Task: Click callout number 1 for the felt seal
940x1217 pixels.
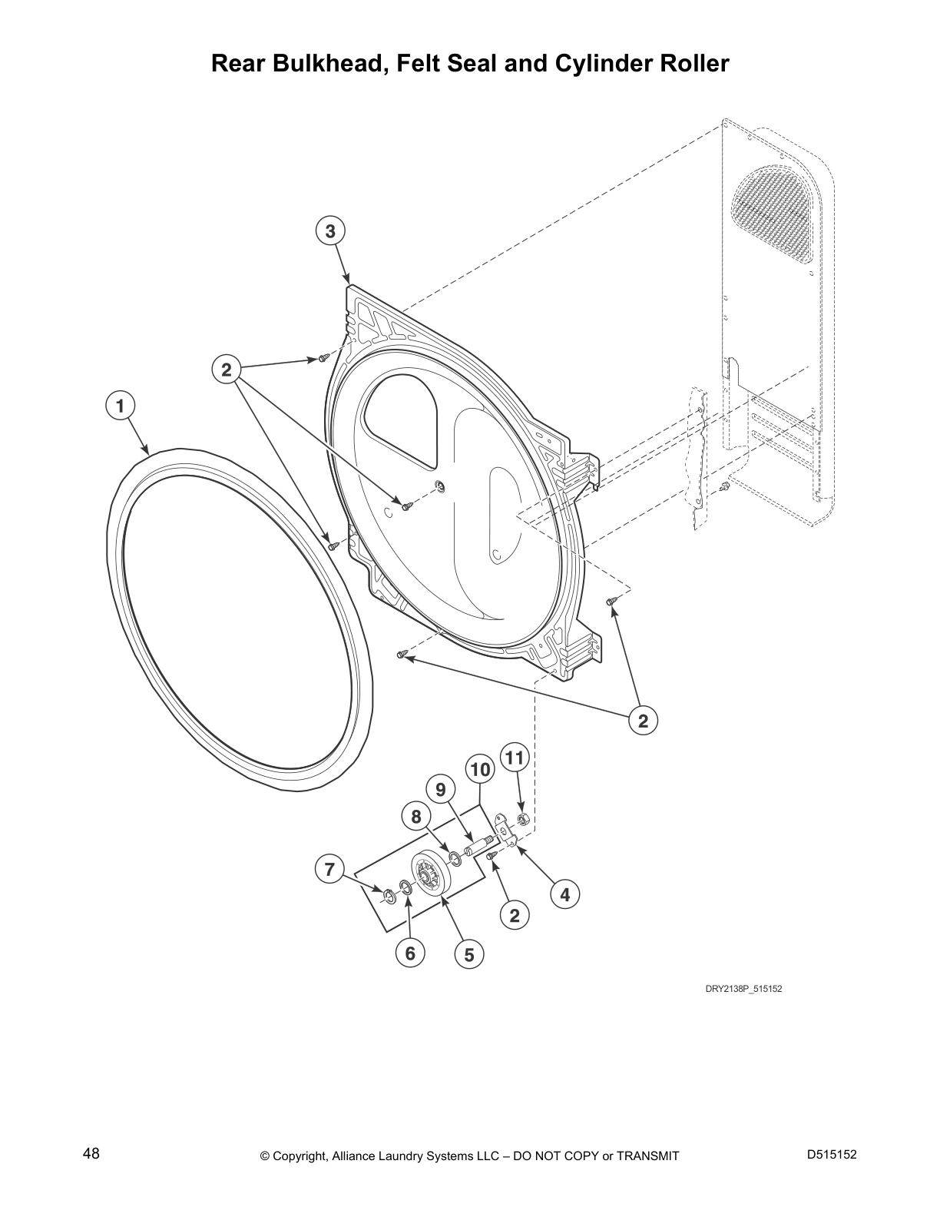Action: click(x=121, y=406)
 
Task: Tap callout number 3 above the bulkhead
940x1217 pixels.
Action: click(x=330, y=230)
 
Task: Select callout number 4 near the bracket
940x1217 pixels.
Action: click(x=565, y=894)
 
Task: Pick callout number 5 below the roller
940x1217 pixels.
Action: click(x=469, y=955)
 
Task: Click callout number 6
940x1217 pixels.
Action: click(x=410, y=953)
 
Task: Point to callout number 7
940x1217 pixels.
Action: click(x=329, y=869)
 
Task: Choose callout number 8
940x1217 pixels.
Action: click(x=416, y=817)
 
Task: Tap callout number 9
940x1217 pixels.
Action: click(x=441, y=790)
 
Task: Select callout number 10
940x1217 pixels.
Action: click(x=480, y=770)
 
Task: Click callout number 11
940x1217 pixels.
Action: click(x=515, y=758)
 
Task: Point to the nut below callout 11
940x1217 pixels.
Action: click(x=523, y=820)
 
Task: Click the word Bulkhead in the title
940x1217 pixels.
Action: click(x=331, y=64)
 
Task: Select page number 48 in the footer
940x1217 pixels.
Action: click(x=91, y=1154)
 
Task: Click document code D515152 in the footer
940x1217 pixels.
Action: click(x=832, y=1154)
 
